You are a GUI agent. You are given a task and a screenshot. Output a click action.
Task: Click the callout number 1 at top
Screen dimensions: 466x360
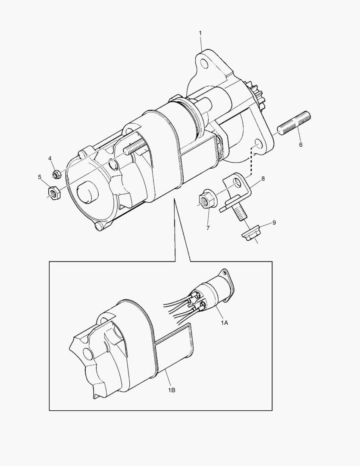(200, 33)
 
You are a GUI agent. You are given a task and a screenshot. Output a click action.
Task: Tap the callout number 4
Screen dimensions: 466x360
(50, 158)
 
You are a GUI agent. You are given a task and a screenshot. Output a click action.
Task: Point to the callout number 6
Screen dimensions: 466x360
(301, 145)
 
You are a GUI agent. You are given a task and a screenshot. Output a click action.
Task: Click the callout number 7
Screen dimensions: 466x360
(207, 228)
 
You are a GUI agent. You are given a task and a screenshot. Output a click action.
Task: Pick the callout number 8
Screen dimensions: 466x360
(263, 178)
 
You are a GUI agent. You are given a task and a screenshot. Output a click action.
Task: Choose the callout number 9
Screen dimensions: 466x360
(274, 223)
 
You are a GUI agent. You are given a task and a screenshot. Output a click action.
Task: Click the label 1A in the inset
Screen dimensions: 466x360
(225, 322)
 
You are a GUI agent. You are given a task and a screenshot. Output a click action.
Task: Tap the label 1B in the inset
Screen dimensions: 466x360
(171, 390)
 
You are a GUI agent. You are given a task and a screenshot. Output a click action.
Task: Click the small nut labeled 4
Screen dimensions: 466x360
(56, 174)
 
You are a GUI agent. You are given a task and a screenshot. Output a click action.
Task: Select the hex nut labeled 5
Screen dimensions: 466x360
(54, 192)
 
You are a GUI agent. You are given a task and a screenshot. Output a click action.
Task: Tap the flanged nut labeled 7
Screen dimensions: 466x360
(206, 200)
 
